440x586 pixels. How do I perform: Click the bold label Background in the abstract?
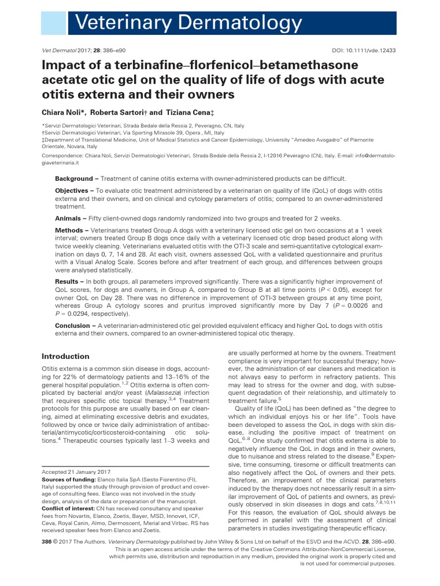click(73, 179)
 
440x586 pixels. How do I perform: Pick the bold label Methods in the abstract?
click(69, 230)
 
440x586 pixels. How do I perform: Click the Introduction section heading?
click(66, 356)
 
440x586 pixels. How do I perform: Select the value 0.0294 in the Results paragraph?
click(80, 314)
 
